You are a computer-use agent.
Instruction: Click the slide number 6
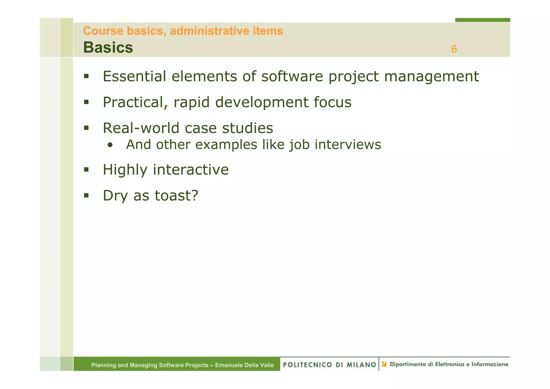(x=454, y=49)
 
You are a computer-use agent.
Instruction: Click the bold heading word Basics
(x=108, y=48)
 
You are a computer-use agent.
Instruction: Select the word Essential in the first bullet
(x=134, y=76)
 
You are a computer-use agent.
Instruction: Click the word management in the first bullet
(x=431, y=77)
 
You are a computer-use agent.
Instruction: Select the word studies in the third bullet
(x=247, y=128)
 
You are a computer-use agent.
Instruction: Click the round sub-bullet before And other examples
(x=110, y=145)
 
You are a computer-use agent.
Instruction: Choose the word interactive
(x=191, y=170)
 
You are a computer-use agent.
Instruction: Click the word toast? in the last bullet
(x=176, y=196)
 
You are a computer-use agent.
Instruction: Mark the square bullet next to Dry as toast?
(x=86, y=195)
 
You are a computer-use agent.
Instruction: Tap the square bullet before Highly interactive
(x=86, y=170)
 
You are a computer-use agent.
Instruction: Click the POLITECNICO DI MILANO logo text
(x=330, y=365)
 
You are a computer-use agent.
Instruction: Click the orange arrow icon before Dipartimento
(x=384, y=364)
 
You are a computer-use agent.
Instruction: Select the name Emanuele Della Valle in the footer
(x=244, y=365)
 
